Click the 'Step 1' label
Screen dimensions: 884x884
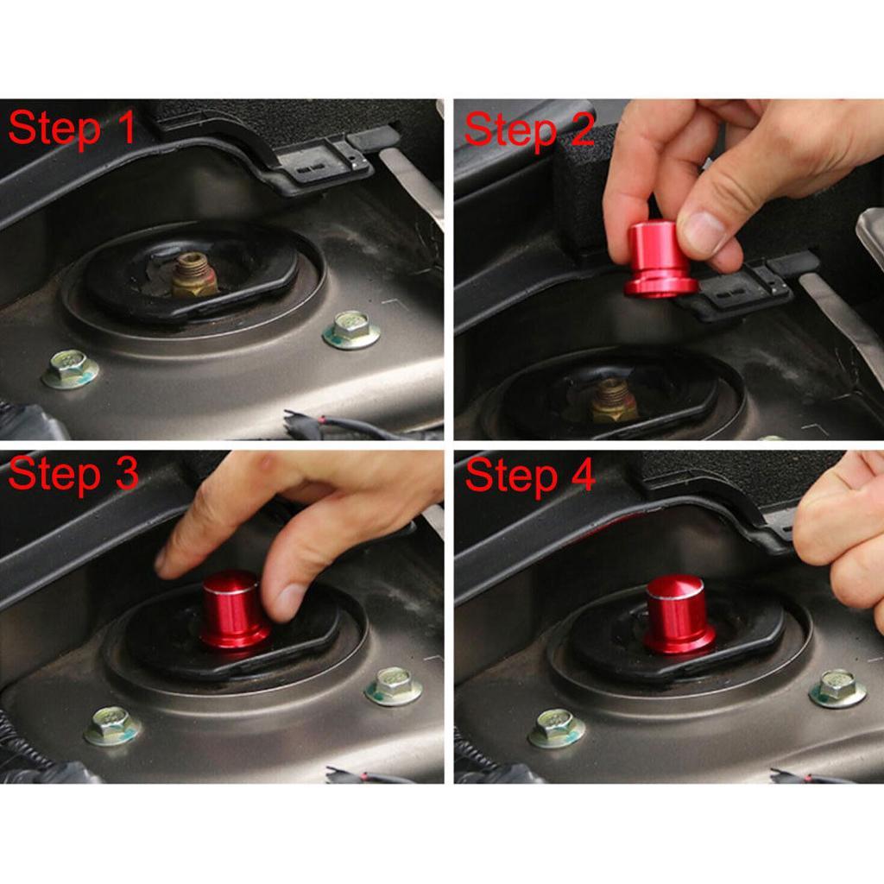(72, 129)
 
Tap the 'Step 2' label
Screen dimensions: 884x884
(528, 129)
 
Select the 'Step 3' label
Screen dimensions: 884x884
(73, 475)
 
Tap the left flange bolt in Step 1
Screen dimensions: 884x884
(70, 369)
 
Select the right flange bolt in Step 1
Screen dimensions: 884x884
(351, 330)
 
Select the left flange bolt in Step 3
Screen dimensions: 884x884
(112, 725)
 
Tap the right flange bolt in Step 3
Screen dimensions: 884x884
(394, 685)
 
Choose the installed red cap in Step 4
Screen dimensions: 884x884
(678, 615)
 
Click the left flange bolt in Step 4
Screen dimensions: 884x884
(556, 727)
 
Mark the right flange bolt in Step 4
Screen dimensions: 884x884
(837, 688)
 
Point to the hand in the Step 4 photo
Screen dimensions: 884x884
(842, 535)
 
